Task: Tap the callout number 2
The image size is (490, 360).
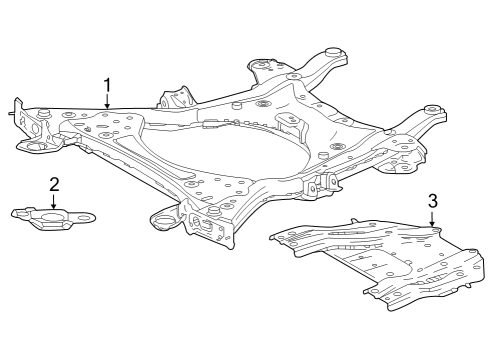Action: [54, 183]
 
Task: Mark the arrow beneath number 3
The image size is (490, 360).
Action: [432, 219]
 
